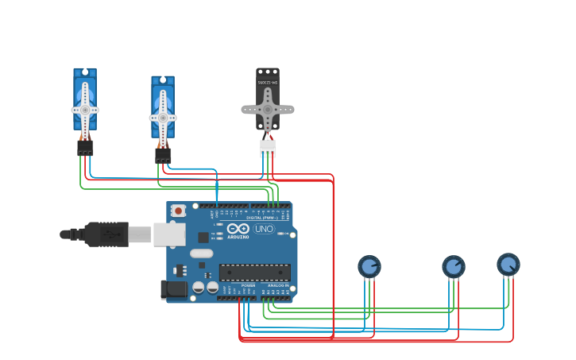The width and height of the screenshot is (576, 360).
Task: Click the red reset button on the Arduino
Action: tap(178, 211)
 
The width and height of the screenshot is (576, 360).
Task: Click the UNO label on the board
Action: tap(264, 229)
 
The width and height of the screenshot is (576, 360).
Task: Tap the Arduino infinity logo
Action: tap(238, 227)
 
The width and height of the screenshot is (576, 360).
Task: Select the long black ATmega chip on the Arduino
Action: tap(254, 272)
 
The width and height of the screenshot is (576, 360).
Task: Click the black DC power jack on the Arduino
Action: tap(174, 290)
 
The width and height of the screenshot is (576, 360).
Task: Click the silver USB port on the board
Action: tap(168, 234)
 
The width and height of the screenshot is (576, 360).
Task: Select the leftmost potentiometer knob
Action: tap(369, 266)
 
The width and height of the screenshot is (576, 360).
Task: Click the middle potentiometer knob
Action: tap(453, 266)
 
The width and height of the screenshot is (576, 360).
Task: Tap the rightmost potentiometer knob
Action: tap(508, 264)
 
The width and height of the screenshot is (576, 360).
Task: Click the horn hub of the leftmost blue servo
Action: tap(85, 110)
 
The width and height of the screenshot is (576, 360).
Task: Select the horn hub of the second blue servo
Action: tap(163, 118)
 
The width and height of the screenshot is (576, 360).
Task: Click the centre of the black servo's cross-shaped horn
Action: tap(268, 109)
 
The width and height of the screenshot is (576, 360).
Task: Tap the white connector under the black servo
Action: tap(268, 147)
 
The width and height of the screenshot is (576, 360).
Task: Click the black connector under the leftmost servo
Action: tap(85, 148)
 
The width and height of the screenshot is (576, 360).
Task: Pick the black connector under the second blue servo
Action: tap(163, 156)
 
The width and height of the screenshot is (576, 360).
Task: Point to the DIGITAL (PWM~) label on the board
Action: tap(262, 218)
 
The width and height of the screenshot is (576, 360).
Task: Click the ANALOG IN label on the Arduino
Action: tap(277, 285)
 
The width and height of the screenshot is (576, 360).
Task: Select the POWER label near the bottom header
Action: tap(248, 285)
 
